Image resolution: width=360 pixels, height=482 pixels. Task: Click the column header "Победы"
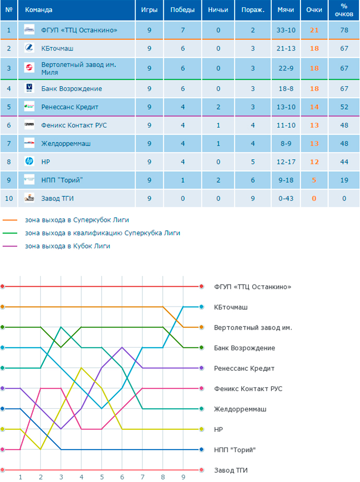(183, 10)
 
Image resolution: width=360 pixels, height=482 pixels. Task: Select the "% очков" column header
(344, 10)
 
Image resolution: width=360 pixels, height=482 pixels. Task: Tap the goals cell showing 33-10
(286, 30)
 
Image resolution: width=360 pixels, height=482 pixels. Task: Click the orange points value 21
(314, 30)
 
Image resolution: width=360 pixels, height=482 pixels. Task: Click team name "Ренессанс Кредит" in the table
(70, 107)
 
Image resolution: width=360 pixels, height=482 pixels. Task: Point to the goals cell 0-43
(286, 198)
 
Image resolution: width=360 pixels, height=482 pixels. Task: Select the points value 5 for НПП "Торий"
(314, 180)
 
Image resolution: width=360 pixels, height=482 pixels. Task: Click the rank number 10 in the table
(9, 198)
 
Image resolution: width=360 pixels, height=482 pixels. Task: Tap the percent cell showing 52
(344, 107)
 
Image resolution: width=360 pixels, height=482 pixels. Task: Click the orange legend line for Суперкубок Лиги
(10, 220)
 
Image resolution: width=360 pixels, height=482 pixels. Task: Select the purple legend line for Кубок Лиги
(10, 246)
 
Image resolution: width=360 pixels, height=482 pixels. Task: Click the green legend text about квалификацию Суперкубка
(103, 233)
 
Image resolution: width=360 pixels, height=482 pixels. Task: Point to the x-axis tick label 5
(102, 477)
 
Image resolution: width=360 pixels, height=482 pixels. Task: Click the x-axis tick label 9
(183, 477)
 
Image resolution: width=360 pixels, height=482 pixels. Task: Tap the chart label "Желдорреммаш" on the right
(240, 409)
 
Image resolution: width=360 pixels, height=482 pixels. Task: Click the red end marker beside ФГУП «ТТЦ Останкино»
(201, 287)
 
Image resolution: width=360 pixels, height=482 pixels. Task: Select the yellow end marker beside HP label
(201, 429)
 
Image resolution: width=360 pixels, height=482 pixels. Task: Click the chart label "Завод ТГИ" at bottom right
(231, 471)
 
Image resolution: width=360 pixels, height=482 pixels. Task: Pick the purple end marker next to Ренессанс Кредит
(201, 368)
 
